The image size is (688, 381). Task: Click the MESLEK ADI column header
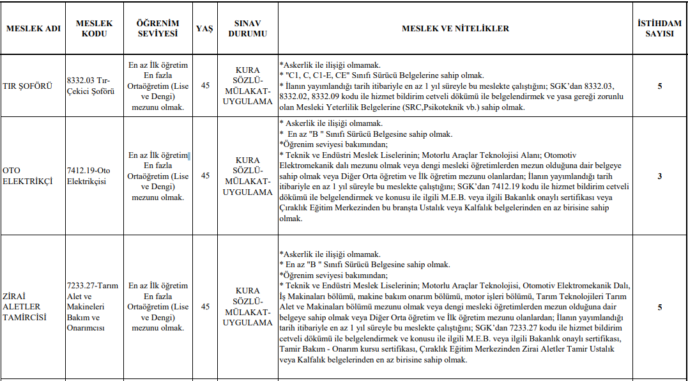tap(33, 29)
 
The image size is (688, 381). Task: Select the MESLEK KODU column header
tap(94, 29)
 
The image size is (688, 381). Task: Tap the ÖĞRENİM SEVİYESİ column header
tap(158, 29)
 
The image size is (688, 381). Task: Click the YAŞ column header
tap(204, 29)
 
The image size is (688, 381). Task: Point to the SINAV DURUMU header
tap(247, 29)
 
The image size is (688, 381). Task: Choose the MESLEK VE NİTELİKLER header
tap(455, 29)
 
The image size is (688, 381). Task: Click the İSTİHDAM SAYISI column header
tap(659, 29)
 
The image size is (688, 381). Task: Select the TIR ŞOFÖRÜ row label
tap(27, 86)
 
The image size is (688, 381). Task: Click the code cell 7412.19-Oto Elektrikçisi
tap(88, 176)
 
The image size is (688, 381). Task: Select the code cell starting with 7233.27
tap(93, 306)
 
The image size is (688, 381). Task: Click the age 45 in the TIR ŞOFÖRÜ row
tap(205, 86)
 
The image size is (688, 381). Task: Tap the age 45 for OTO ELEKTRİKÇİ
tap(205, 176)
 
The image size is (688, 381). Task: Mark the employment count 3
tap(659, 176)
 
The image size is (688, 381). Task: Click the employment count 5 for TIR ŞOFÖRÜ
tap(659, 86)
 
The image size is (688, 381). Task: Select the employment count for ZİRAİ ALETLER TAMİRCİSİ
tap(659, 307)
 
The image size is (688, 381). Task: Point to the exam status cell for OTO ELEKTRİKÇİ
tap(247, 176)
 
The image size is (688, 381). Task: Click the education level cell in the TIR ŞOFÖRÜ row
tap(158, 86)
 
